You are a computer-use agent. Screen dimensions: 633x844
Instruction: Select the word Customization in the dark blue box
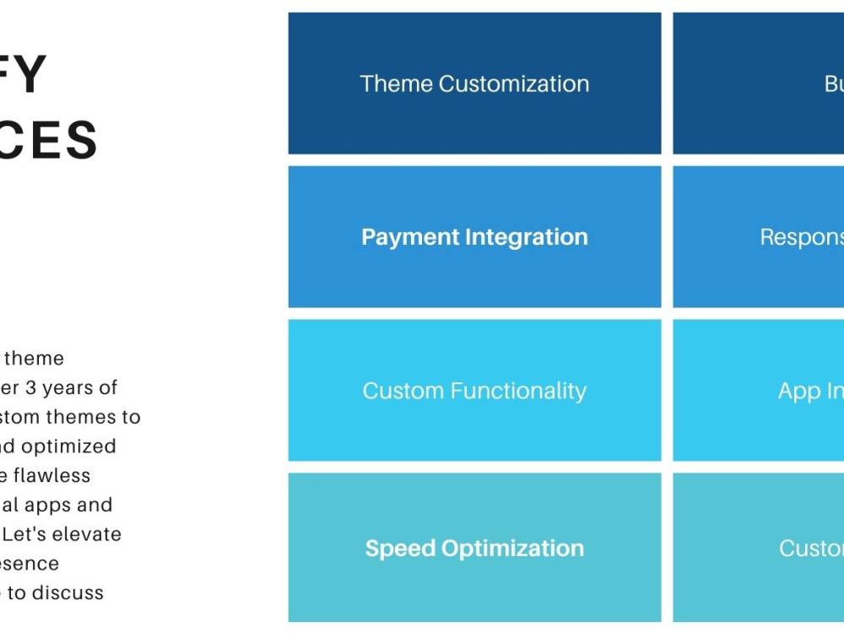514,84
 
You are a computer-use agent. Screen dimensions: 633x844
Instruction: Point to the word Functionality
518,391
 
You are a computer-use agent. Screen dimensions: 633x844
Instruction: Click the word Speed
399,548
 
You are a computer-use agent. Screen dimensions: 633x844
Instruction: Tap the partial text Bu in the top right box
834,84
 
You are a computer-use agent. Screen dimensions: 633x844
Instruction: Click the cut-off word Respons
802,237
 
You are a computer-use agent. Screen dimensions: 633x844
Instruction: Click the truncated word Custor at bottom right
811,548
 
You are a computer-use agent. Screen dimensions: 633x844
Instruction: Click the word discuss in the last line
68,592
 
